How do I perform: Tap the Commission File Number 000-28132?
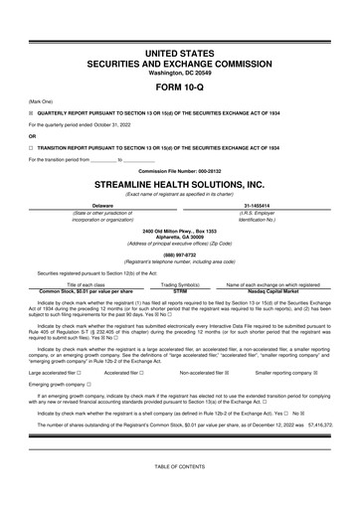(180, 170)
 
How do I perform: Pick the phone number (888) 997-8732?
(180, 252)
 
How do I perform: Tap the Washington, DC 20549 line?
(180, 71)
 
